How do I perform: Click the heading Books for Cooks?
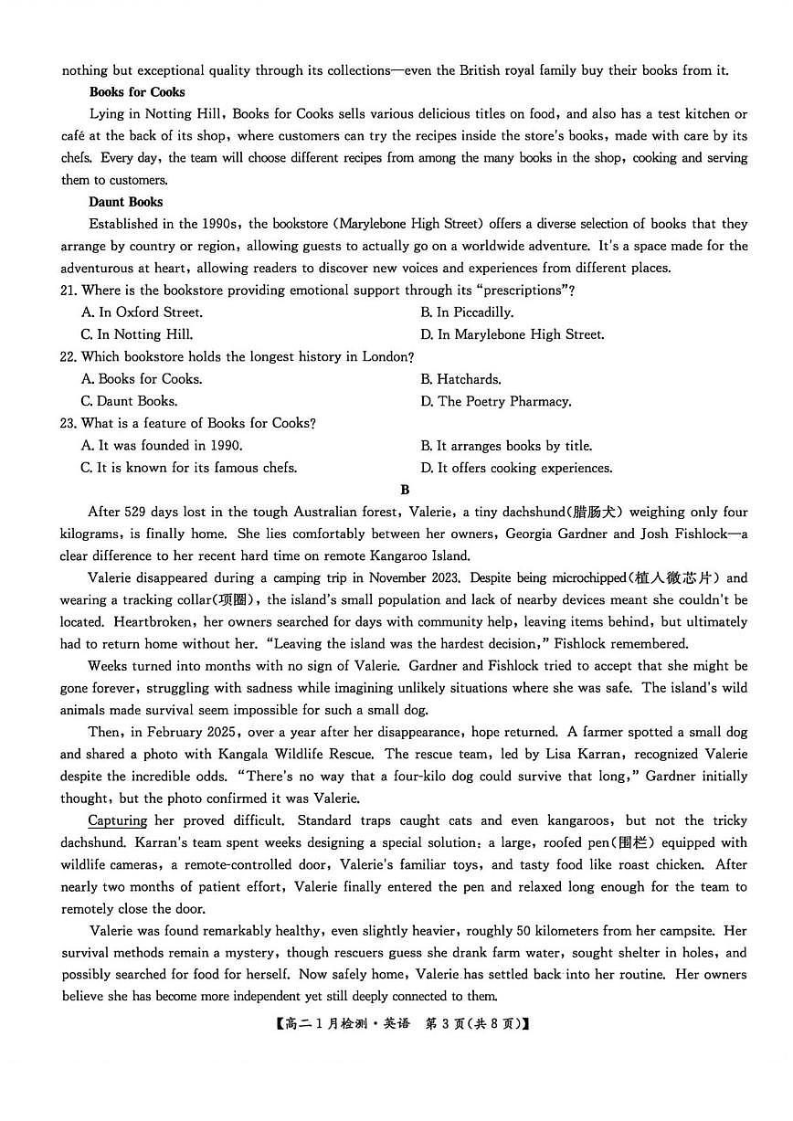(137, 92)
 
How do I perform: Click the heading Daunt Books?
(126, 202)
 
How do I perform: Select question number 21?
(69, 291)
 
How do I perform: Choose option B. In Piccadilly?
(467, 312)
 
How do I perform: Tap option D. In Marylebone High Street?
(512, 334)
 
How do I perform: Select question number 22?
(69, 356)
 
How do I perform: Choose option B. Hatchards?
(460, 379)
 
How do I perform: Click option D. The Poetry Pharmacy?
(495, 401)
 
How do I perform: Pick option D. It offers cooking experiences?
(515, 468)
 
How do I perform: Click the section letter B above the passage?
(405, 491)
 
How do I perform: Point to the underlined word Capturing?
(118, 820)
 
